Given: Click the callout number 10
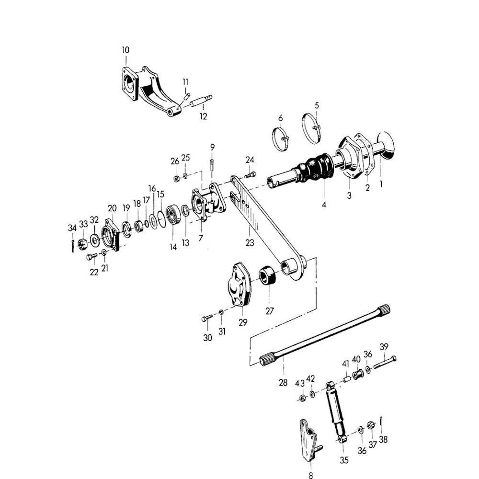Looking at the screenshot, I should click(125, 50).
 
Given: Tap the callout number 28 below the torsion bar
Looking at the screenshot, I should click(283, 382).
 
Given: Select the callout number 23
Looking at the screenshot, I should click(250, 242).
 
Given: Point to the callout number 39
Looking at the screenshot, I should click(384, 347).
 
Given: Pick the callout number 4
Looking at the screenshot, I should click(324, 205).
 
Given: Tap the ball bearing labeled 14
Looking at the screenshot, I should click(173, 215).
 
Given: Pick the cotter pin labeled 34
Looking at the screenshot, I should click(72, 246).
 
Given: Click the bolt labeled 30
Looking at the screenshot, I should click(207, 318).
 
